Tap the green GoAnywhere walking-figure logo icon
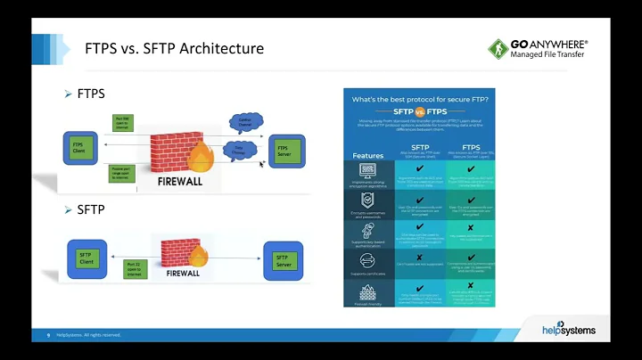click(x=498, y=49)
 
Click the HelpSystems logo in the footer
click(x=568, y=330)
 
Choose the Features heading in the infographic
click(x=367, y=154)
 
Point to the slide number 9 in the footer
click(x=48, y=335)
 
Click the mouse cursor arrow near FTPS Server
click(x=262, y=165)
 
